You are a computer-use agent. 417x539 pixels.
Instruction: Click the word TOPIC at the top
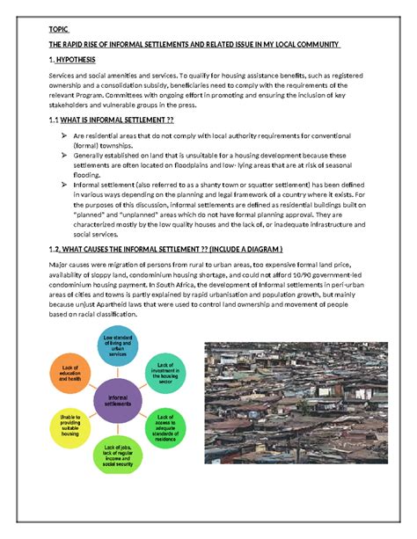tap(59, 28)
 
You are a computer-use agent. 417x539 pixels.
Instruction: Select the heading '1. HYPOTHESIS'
tap(80, 60)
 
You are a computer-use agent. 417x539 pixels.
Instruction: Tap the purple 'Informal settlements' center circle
tap(122, 400)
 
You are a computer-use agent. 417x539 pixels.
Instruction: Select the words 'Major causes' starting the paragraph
tap(70, 264)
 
